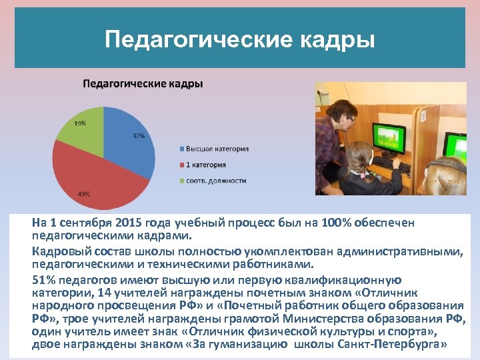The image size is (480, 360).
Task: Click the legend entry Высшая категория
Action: [x=217, y=148]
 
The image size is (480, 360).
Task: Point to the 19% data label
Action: [x=79, y=123]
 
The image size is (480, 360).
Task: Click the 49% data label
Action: [x=84, y=194]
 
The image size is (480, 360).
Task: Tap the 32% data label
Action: [x=139, y=136]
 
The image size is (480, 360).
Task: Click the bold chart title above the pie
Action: [x=143, y=84]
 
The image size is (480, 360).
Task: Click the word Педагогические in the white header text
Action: [x=199, y=40]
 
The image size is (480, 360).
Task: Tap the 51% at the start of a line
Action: [x=43, y=280]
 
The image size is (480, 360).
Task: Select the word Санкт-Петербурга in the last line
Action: [x=402, y=344]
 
